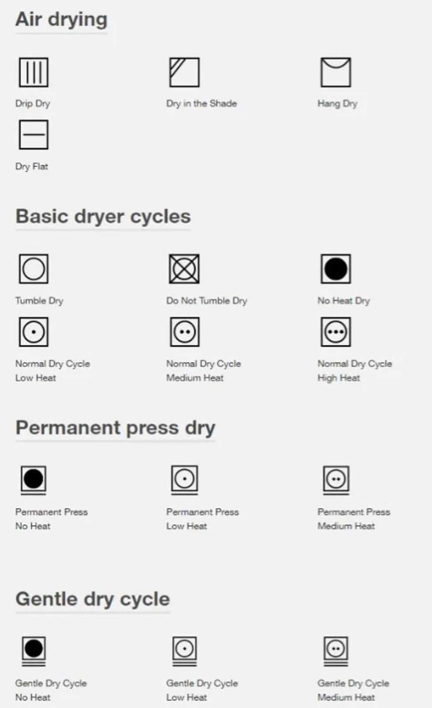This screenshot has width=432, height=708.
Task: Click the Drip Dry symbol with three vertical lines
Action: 34,72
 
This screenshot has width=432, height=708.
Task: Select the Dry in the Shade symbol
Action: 184,72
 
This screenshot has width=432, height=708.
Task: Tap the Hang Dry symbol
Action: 336,72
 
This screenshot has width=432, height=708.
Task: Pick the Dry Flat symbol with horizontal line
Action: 34,134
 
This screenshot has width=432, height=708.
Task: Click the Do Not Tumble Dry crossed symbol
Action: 184,269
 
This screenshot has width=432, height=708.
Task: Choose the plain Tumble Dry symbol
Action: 34,269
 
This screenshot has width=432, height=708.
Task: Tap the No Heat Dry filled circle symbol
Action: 336,269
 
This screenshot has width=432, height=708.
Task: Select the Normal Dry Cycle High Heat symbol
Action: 336,332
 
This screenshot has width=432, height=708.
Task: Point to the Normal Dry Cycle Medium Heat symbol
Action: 185,332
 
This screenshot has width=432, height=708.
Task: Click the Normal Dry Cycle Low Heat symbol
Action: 34,332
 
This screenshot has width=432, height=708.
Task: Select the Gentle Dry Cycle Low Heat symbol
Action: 185,651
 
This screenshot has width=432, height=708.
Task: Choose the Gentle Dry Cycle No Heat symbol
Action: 34,651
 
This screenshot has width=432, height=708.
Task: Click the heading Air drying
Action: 62,19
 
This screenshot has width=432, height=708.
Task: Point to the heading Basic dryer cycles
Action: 103,217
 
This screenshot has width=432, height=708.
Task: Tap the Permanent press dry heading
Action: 115,428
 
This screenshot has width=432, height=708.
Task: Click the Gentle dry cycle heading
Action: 93,599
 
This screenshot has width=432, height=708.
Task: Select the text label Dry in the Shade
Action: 201,104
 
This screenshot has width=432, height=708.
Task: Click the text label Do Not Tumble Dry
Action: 207,301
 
